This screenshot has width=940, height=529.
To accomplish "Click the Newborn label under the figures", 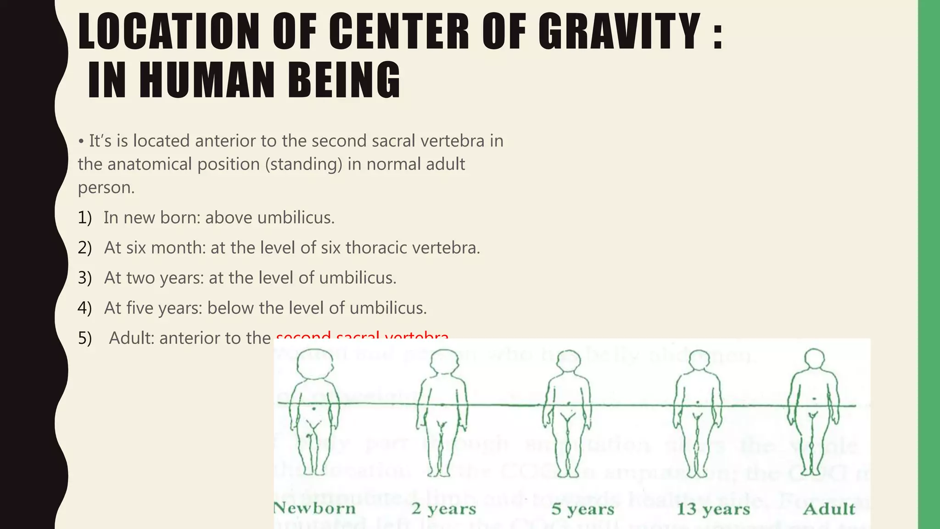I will [315, 508].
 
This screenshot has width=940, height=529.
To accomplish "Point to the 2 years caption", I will [444, 509].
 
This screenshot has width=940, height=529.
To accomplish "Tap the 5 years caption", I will [583, 509].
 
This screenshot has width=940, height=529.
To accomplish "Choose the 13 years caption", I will [713, 509].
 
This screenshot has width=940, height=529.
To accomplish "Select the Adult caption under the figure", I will [829, 509].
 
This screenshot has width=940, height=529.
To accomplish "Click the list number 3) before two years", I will [84, 278].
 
